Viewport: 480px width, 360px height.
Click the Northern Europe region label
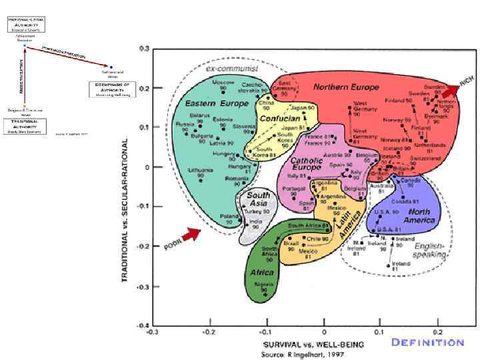(x=345, y=87)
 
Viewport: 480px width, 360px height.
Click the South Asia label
(x=259, y=199)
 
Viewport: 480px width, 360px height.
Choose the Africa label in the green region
(x=261, y=273)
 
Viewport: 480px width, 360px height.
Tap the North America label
(x=419, y=216)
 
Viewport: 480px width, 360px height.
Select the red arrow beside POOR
(x=193, y=234)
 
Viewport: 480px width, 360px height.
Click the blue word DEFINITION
(x=427, y=343)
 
